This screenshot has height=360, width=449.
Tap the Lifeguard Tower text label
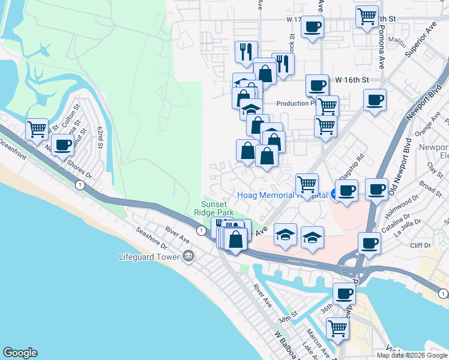[x=151, y=257]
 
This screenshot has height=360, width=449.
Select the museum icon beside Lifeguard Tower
[x=188, y=257]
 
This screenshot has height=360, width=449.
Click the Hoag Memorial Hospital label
[x=282, y=195]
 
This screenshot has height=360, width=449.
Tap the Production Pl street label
[x=295, y=103]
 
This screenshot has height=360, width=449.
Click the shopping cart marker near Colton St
[x=37, y=129]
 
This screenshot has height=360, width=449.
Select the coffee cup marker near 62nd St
[x=62, y=144]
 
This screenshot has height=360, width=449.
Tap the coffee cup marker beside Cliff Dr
[x=369, y=243]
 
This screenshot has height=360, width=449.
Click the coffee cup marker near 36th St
[x=344, y=293]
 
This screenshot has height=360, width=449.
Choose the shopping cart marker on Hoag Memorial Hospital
[x=307, y=184]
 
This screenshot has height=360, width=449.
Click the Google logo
[x=20, y=353]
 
